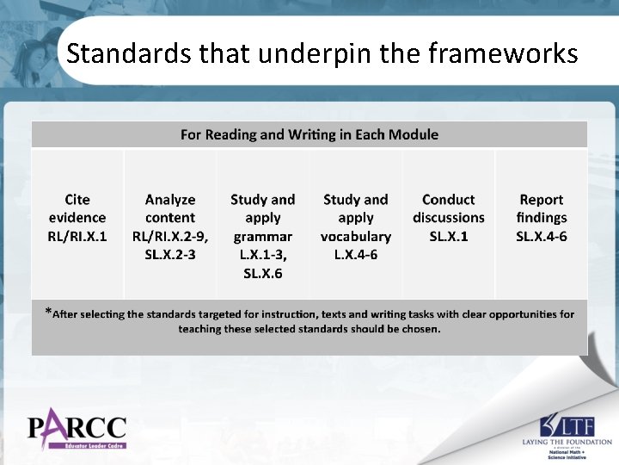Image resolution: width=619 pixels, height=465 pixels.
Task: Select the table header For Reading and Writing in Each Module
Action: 309,134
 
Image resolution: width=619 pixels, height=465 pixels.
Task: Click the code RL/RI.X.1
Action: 77,236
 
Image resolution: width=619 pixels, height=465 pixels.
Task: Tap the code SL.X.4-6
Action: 542,236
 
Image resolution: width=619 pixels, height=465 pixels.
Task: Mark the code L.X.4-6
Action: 356,255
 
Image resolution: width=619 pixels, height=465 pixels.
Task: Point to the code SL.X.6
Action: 263,274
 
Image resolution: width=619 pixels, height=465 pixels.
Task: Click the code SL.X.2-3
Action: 170,255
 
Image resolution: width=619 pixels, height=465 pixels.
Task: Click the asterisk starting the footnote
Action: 48,312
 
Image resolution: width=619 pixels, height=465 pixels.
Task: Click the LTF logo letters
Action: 575,425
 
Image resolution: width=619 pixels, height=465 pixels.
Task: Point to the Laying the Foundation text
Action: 567,442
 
